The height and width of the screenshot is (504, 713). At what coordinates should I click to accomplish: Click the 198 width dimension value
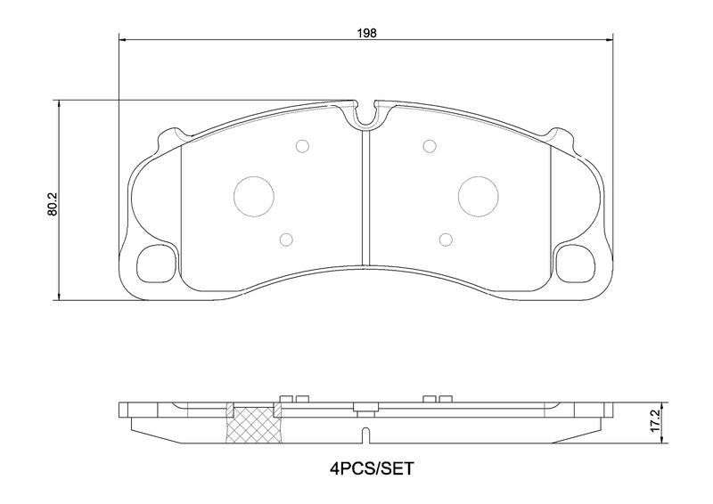click(366, 33)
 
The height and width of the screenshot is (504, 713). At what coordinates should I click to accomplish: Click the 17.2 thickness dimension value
click(655, 423)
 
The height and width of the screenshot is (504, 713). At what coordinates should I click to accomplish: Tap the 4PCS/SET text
click(372, 468)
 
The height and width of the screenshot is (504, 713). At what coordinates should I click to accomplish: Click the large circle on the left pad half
click(254, 196)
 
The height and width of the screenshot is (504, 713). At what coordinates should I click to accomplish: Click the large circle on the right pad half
click(479, 196)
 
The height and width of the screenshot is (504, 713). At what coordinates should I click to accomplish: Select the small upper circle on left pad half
click(302, 146)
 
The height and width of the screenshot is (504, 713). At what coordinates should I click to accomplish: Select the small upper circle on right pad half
click(430, 146)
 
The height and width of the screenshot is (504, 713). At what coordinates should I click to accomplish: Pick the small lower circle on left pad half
click(286, 240)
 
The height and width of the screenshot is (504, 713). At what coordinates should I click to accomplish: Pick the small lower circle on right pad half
click(446, 240)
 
